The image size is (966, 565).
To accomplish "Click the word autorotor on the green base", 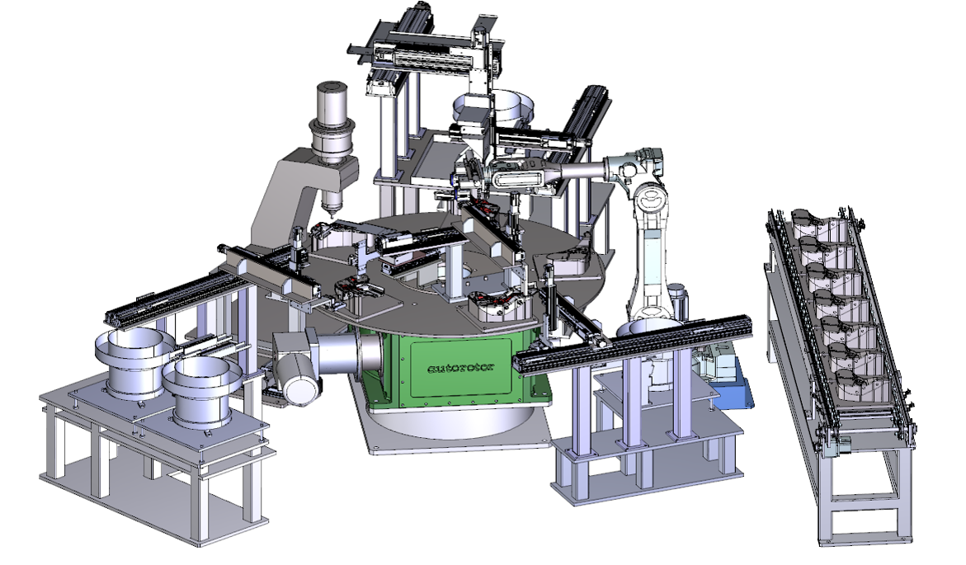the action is [461, 368].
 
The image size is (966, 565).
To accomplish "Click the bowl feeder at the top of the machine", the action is [492, 108].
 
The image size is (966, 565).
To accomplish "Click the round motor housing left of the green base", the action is [298, 376].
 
